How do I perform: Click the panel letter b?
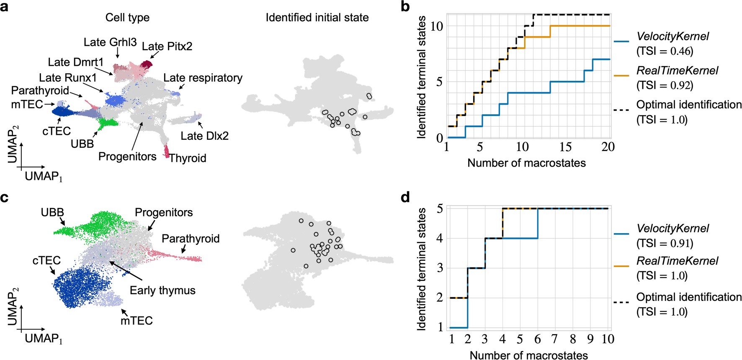point(405,7)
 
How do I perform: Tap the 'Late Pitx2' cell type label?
point(167,46)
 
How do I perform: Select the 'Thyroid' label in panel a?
point(188,158)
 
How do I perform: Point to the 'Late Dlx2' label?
point(204,136)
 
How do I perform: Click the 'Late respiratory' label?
point(203,78)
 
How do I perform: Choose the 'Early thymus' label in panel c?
point(162,291)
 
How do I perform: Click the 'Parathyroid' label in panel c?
point(191,239)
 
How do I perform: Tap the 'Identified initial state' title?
point(317,18)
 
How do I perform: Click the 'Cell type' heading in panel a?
point(127,18)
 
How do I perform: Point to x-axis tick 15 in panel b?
point(565,147)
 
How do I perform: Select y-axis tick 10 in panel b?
point(436,26)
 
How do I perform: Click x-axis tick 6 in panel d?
point(537,339)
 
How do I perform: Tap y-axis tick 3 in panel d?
point(440,268)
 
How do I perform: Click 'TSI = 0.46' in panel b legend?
point(665,51)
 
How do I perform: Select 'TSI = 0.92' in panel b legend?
point(665,85)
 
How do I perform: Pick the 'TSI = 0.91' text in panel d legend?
point(665,244)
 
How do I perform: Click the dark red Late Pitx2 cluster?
point(147,64)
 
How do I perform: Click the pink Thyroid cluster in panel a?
point(167,151)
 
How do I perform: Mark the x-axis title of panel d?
point(528,355)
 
